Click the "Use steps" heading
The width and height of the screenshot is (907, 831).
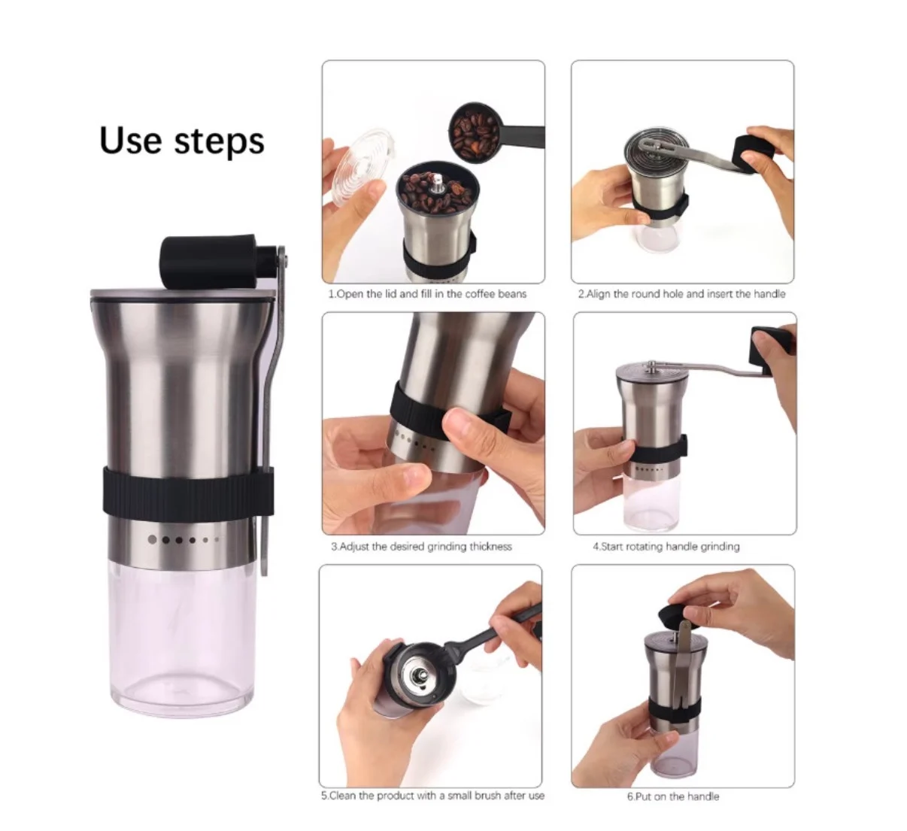[x=182, y=141]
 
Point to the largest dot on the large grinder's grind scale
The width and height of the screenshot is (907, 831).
[x=153, y=539]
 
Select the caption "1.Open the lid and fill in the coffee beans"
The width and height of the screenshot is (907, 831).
[x=427, y=294]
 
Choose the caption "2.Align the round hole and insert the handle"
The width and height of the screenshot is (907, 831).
[x=682, y=294]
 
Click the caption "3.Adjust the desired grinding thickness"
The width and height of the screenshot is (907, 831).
[x=421, y=547]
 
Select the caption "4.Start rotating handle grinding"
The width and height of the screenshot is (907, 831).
[x=666, y=547]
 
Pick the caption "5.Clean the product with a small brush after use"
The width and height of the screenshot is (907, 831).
[x=432, y=796]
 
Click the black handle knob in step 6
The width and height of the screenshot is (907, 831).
[x=674, y=615]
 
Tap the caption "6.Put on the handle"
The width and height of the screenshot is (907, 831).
[x=673, y=796]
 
